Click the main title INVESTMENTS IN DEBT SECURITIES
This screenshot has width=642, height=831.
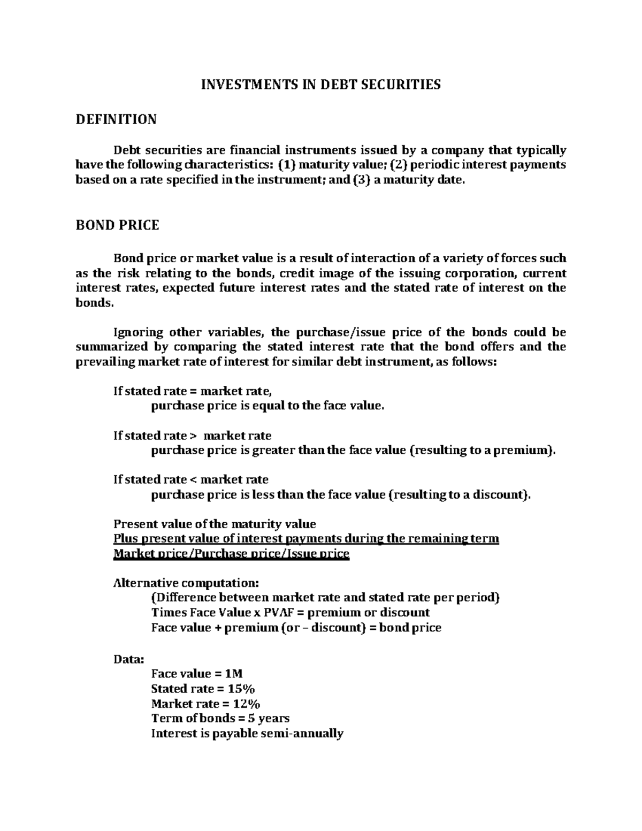click(320, 85)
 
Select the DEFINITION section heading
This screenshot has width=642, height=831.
click(116, 119)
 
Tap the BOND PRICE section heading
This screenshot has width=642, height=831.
click(118, 225)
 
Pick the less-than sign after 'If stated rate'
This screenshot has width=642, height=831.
click(194, 479)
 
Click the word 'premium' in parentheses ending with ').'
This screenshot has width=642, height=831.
click(522, 451)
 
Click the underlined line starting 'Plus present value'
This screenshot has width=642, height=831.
click(306, 539)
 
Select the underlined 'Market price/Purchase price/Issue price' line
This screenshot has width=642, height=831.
click(231, 554)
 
